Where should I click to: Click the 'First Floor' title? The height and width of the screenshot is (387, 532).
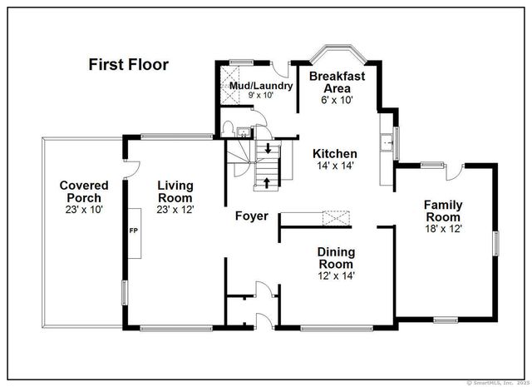pos(129,64)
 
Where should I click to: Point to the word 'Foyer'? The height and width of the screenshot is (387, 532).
pos(251,216)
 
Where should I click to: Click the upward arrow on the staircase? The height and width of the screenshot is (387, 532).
pos(267,181)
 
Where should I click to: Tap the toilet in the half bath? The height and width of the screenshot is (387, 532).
pos(228,129)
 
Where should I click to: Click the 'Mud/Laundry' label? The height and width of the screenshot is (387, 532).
pos(261,86)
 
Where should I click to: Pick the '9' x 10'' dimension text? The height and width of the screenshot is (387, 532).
pos(261,97)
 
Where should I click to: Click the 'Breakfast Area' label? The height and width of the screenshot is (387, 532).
pos(337,82)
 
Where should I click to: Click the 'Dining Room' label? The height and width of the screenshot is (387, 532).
pos(336,258)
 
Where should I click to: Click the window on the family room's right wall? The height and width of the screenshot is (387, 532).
pos(496,243)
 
